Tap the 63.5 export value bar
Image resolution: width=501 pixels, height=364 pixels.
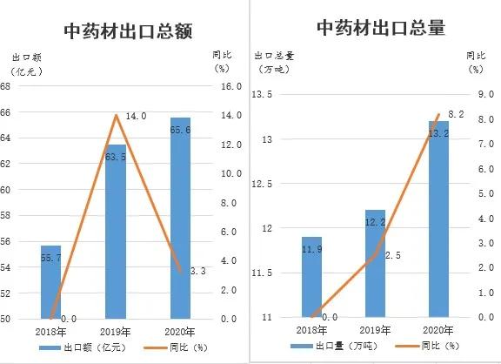click(116, 235)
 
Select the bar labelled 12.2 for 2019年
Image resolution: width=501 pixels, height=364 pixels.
click(375, 266)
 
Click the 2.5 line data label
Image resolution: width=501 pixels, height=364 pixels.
click(392, 255)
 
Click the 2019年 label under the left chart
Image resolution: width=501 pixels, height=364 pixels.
click(116, 332)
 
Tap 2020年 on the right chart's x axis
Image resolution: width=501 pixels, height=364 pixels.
click(439, 331)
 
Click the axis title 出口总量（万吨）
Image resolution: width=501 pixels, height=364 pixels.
click(277, 61)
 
